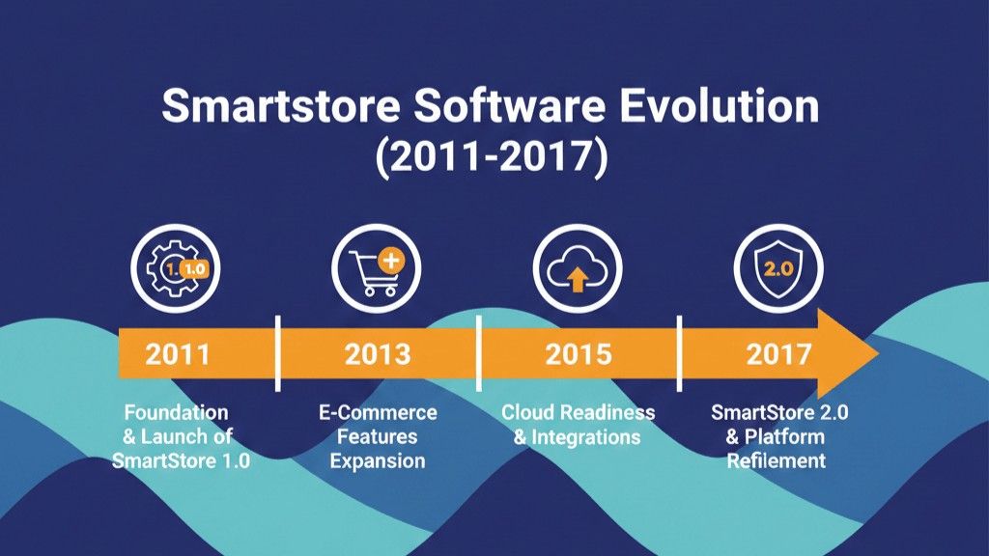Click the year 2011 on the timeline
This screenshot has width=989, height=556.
point(178,353)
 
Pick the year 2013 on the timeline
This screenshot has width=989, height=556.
point(378,353)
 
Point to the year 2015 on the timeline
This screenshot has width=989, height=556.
point(579,353)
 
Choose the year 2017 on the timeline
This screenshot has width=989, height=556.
point(778,353)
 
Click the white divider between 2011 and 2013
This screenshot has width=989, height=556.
point(277,353)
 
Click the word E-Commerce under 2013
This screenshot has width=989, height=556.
point(378,413)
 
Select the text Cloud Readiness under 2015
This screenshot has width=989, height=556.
point(579,413)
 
